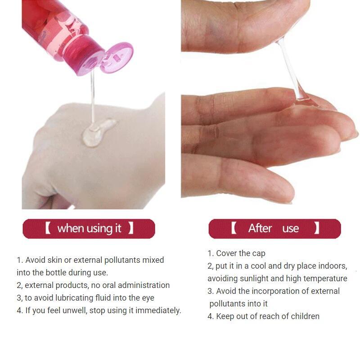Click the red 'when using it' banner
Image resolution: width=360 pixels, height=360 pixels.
coord(89,229)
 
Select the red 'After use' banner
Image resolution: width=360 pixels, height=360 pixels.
coord(274,229)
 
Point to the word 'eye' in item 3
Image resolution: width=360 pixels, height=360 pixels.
coord(148,298)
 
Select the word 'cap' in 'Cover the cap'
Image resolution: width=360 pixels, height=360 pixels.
coord(258,253)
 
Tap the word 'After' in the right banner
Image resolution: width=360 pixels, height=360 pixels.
coord(260,229)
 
